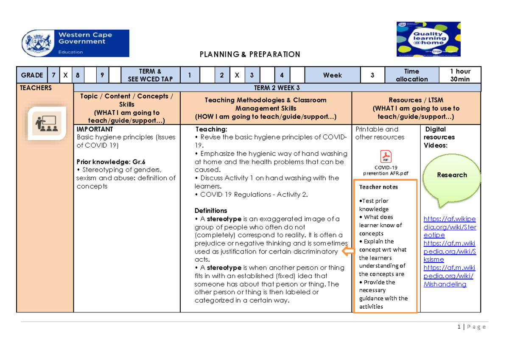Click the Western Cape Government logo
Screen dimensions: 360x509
76,43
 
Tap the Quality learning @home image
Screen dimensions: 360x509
428,39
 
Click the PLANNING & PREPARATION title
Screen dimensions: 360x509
250,54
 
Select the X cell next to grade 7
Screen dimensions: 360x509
65,75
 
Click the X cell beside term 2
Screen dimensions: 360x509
237,75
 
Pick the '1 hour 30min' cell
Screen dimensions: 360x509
460,75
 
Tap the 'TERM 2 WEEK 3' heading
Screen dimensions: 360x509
277,88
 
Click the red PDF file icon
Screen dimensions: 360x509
386,156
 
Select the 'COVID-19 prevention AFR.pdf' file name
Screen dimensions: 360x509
386,170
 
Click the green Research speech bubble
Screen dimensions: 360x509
451,175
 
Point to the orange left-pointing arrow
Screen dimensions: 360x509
348,251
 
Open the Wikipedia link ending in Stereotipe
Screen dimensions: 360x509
450,227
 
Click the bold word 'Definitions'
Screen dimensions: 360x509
211,211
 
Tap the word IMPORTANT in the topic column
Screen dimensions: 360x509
95,129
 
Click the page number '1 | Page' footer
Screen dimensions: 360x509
471,327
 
